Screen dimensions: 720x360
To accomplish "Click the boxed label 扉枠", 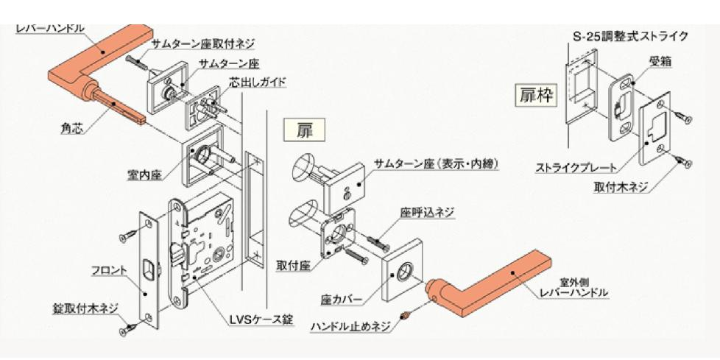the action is coord(536,96).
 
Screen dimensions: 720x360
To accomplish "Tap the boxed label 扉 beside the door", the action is coord(304,130).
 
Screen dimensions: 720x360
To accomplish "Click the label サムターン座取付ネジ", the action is coord(203,44).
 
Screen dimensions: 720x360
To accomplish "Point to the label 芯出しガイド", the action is coord(258,82).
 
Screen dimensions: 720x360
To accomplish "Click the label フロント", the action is coord(108,270).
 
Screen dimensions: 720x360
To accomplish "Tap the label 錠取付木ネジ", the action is coord(85,308).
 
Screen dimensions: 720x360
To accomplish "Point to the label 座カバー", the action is coord(341,300).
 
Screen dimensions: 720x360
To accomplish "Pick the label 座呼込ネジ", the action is coord(426,212).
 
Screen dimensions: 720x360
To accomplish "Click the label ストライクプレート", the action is coord(576,168).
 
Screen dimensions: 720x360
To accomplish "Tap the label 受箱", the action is coord(660,61).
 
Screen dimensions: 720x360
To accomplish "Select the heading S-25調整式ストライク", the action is coord(631,35).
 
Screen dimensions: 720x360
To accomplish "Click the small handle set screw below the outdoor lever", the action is coord(405,316).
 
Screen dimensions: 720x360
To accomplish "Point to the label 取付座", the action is coord(294,265).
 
